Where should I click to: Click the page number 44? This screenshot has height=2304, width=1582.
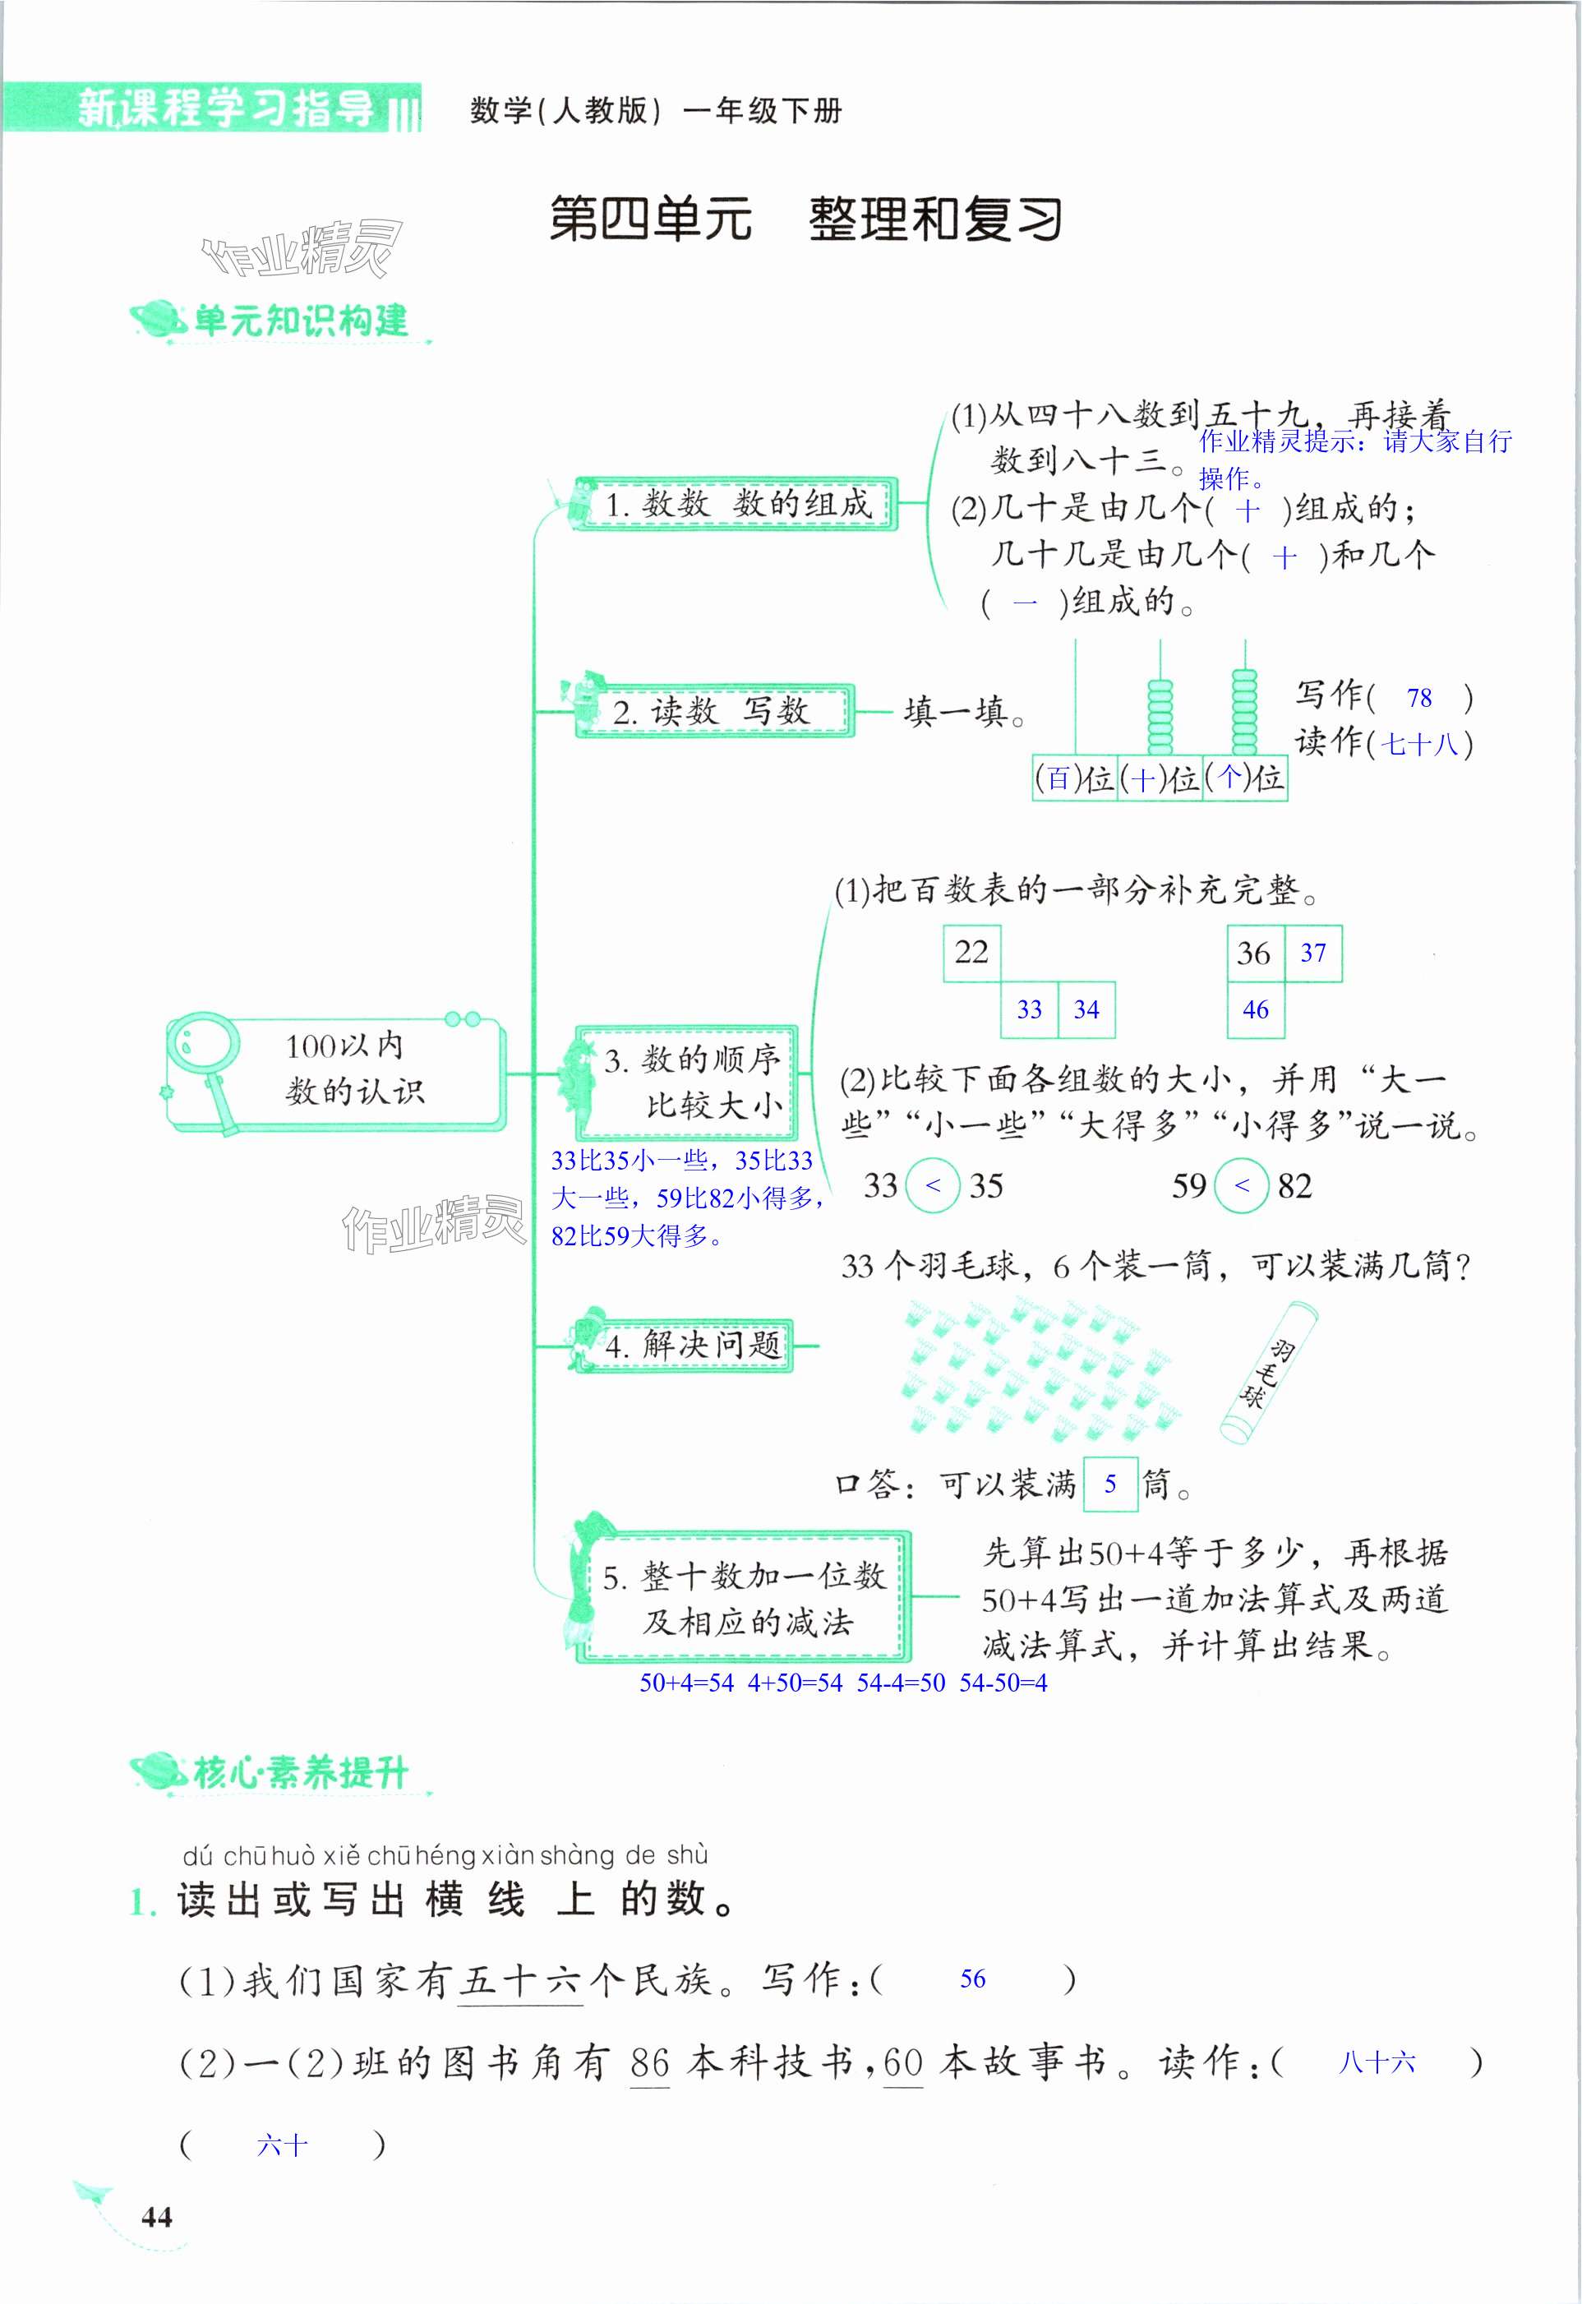coord(157,2216)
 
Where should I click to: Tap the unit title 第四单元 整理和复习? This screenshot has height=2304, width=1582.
coord(805,219)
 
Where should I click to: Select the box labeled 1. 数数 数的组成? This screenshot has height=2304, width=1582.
coord(736,504)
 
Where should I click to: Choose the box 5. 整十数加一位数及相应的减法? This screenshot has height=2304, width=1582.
coord(745,1597)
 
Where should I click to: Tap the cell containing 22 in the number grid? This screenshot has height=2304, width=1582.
coord(971,953)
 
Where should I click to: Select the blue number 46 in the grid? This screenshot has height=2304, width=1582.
coord(1255,1009)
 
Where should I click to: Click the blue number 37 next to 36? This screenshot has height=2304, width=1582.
coord(1312,953)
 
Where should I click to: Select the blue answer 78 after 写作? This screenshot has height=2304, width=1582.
coord(1418,698)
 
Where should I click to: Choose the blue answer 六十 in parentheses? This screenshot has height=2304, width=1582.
coord(282,2146)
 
